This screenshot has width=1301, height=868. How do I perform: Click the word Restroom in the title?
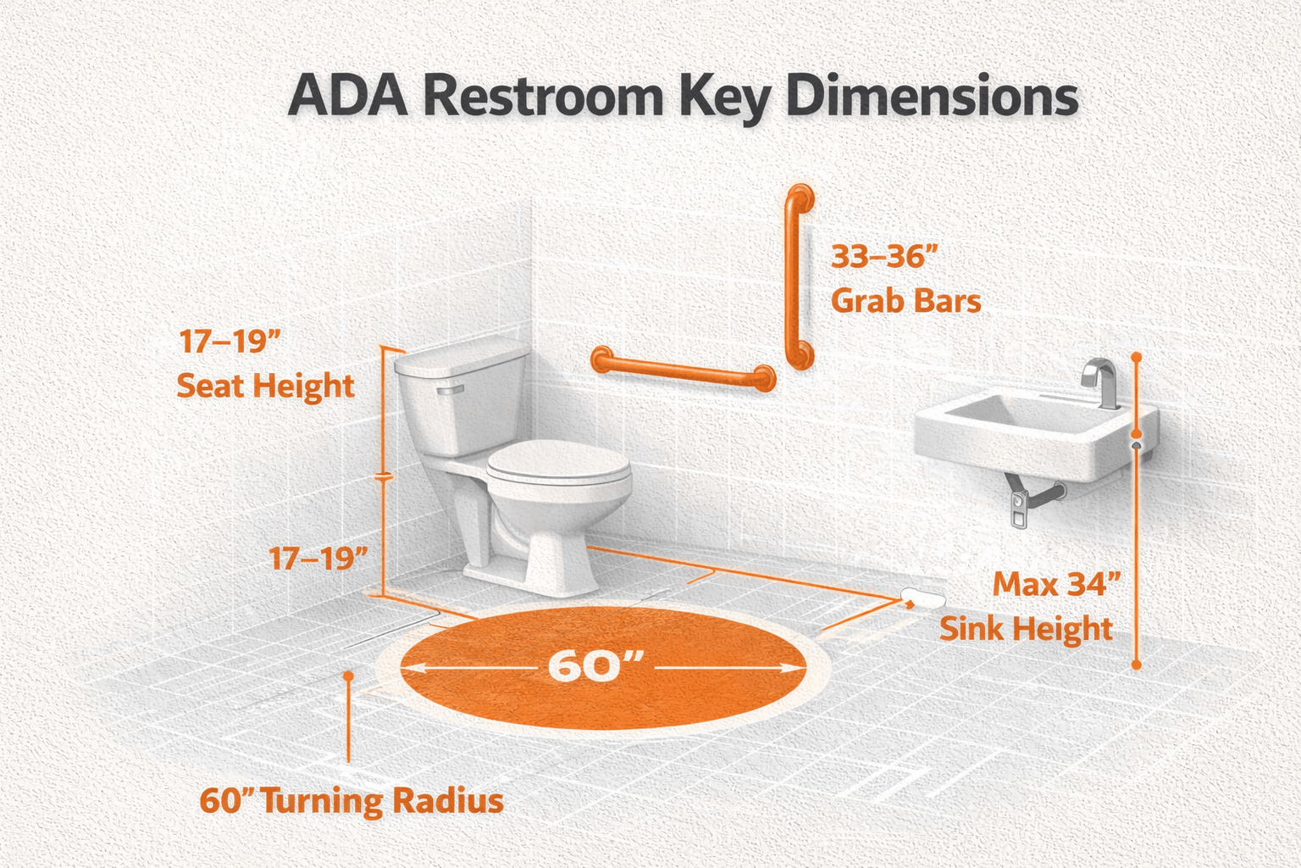point(542,97)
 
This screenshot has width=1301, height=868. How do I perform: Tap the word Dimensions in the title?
point(932,97)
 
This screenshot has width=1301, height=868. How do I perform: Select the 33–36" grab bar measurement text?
point(885,256)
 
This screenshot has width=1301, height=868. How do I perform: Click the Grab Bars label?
point(905,301)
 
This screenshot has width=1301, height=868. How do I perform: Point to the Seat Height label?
point(265,387)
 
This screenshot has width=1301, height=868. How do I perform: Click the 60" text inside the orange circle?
point(591,666)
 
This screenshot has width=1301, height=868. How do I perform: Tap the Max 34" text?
point(1056,585)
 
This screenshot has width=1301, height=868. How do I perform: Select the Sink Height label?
point(1026,629)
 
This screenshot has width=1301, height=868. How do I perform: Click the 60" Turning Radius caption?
point(352,801)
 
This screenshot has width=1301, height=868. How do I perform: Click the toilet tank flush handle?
point(449,391)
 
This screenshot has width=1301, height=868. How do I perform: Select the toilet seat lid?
point(559,466)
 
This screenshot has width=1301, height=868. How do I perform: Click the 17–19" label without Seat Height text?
point(318,559)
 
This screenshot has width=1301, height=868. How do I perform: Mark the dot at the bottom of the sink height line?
point(1136,665)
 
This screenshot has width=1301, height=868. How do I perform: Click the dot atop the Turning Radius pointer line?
point(347,676)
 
